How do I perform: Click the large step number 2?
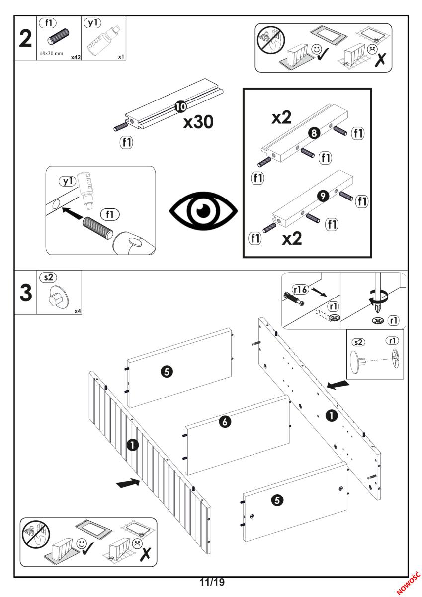[24, 38]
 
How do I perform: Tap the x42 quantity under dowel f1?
[75, 57]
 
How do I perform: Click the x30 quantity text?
[198, 122]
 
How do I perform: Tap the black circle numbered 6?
[225, 422]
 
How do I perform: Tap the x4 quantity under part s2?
[78, 311]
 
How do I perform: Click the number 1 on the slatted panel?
[133, 445]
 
